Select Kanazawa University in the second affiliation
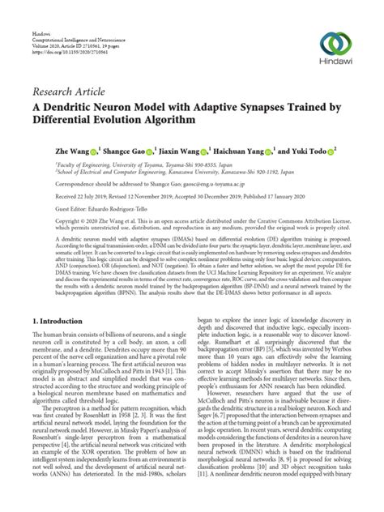point(220,172)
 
